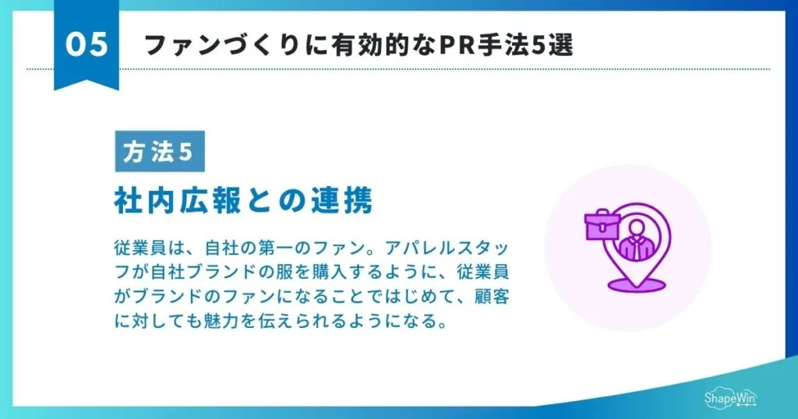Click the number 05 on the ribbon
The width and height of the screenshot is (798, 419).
[86, 45]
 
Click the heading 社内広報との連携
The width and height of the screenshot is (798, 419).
[243, 201]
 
